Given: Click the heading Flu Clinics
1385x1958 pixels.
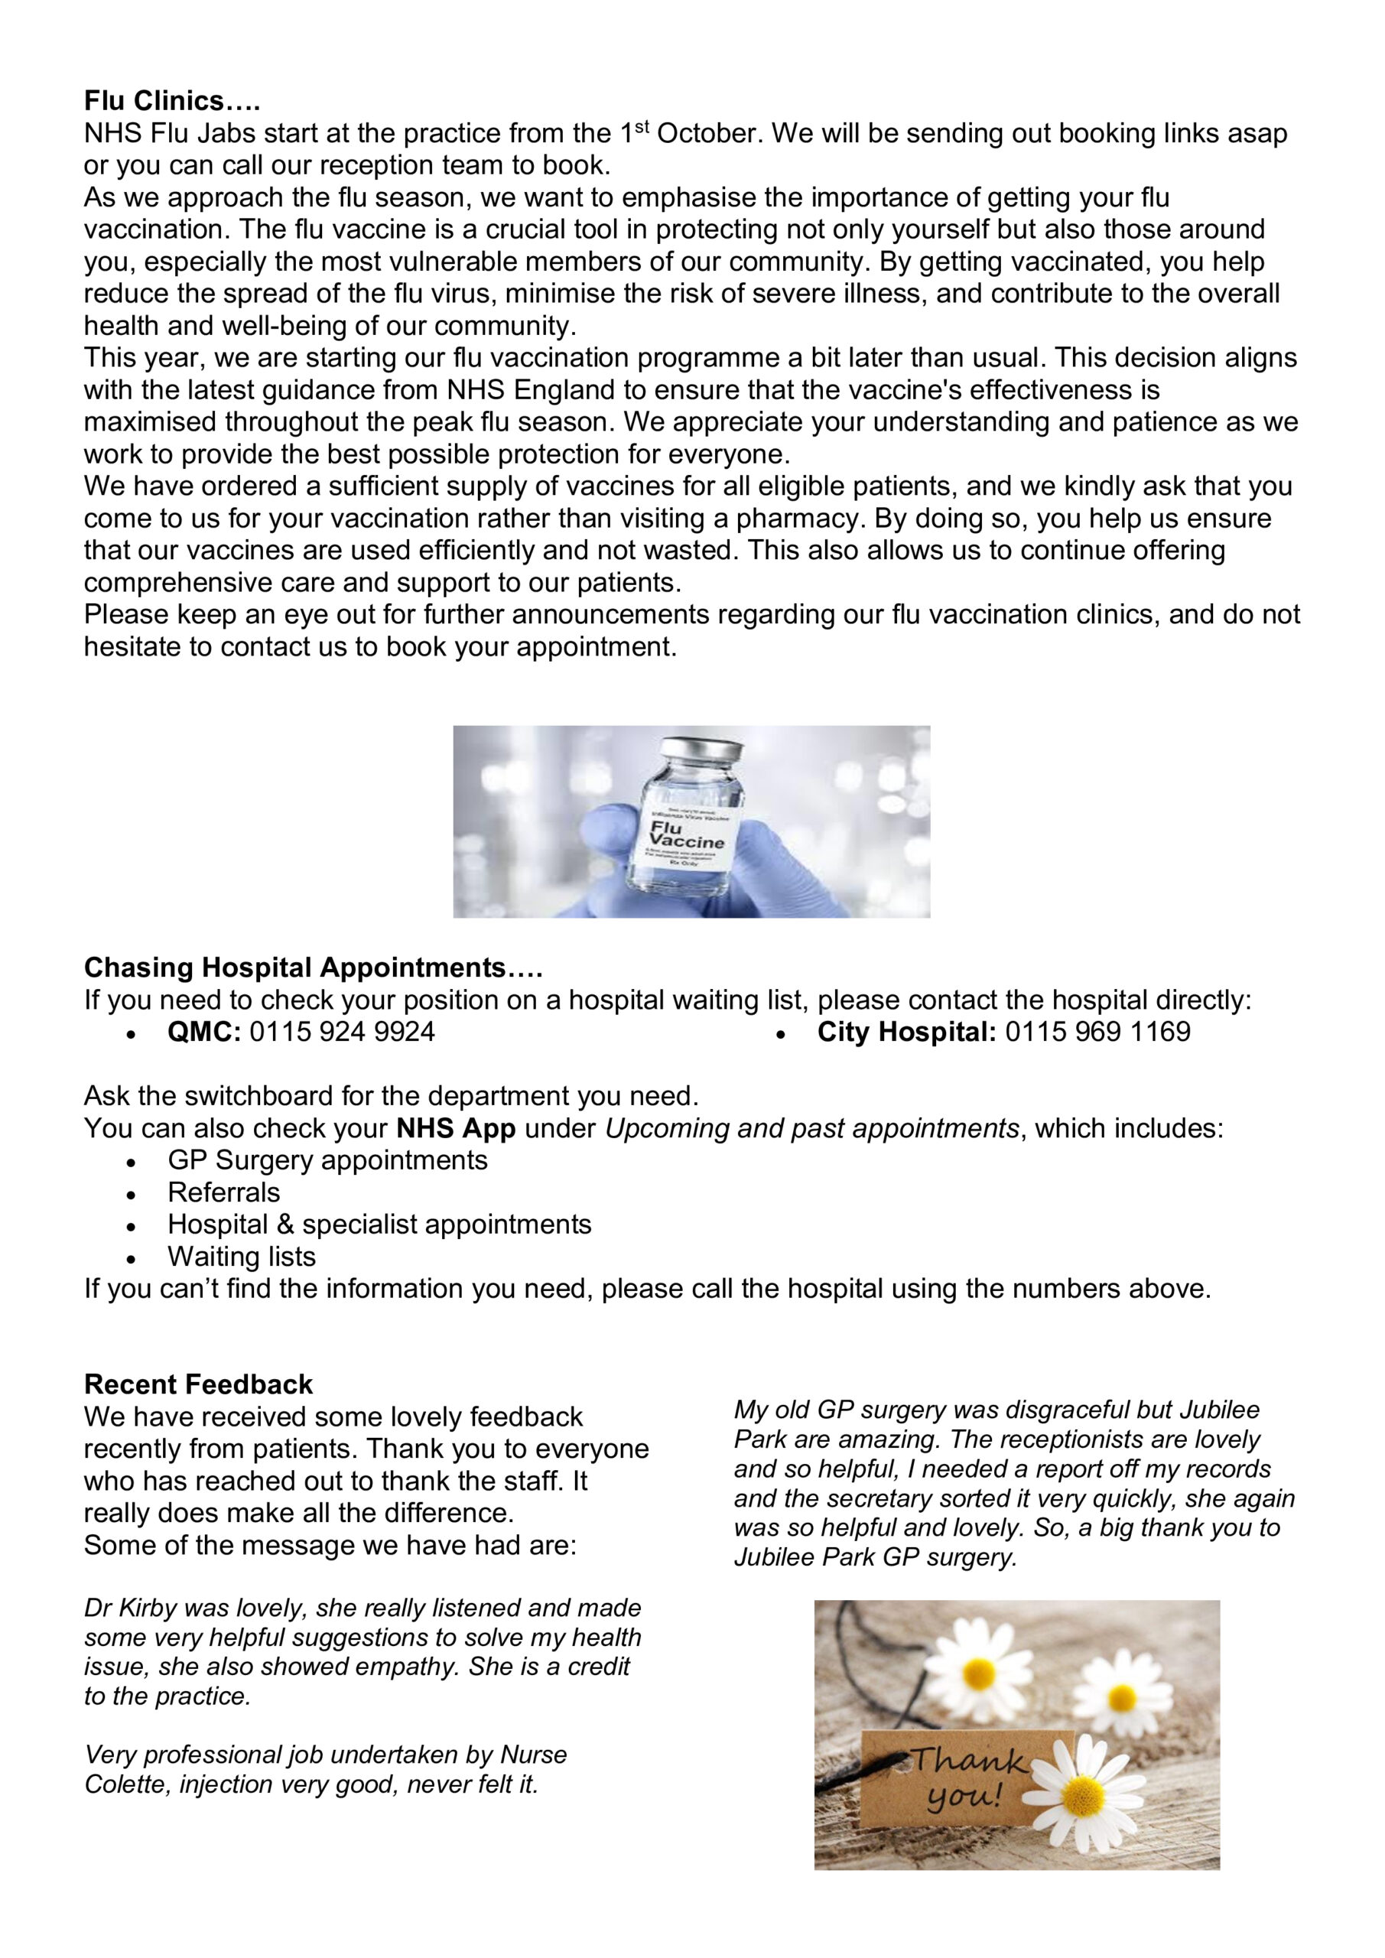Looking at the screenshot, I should click(171, 101).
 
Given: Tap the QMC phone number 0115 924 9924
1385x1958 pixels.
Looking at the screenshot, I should click(342, 1032).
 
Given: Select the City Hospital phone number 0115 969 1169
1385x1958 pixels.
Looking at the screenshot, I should click(1097, 1032).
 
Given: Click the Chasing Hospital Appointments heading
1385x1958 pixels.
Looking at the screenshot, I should click(313, 968).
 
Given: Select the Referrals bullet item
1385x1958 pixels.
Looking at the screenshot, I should click(223, 1192).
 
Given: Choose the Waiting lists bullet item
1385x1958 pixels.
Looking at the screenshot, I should click(242, 1256).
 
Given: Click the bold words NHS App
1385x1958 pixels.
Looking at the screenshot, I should click(457, 1128).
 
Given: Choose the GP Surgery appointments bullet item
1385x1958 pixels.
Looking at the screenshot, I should click(327, 1160).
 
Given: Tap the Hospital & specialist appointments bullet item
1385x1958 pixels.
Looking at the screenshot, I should click(379, 1225).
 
